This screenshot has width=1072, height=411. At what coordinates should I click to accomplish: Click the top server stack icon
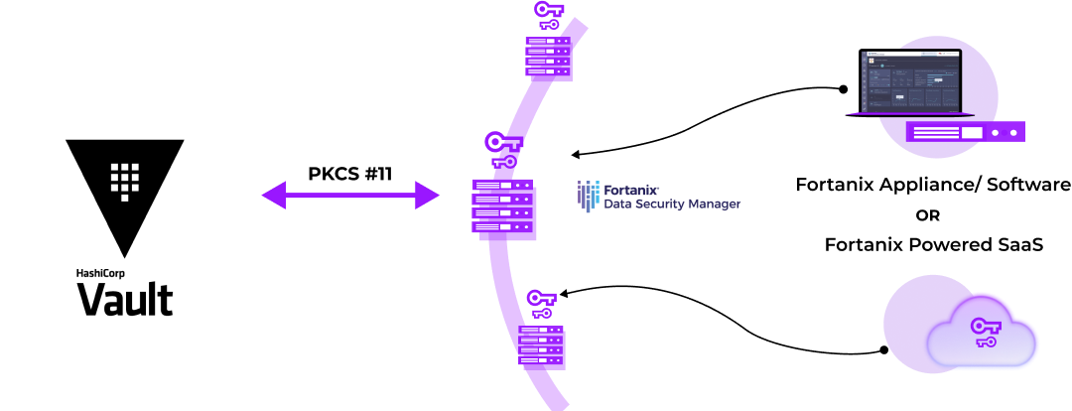tap(547, 56)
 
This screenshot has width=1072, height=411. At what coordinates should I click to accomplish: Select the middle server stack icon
tap(500, 206)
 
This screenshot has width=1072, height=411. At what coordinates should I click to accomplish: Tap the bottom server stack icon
tap(541, 345)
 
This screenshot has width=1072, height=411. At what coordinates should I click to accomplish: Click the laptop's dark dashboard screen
tap(910, 80)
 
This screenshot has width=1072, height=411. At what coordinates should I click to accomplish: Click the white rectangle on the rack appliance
tap(971, 132)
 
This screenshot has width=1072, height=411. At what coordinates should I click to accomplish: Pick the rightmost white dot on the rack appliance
tap(1013, 132)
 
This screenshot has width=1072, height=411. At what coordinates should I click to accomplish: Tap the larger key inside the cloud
tap(985, 327)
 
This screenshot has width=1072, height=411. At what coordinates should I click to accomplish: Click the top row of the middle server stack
tap(500, 186)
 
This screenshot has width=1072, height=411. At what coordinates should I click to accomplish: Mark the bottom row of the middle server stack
tap(500, 227)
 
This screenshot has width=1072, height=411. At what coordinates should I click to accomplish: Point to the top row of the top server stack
tap(547, 41)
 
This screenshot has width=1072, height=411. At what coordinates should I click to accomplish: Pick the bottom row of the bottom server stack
tap(541, 360)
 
